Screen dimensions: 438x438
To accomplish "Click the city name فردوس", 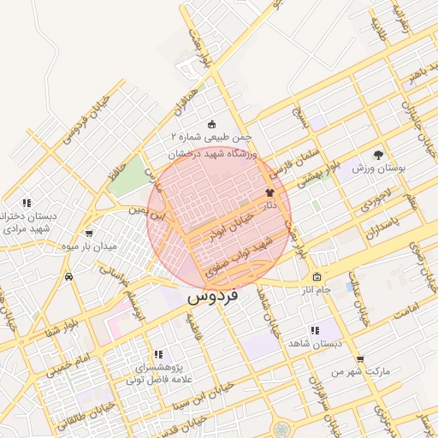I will click(x=213, y=298).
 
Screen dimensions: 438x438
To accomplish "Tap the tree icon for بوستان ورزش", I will click(x=378, y=154).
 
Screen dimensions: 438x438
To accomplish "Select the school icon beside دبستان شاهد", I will click(x=315, y=330).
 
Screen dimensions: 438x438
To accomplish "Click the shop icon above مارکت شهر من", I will click(x=360, y=359).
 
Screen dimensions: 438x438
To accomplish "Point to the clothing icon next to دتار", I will click(x=271, y=192).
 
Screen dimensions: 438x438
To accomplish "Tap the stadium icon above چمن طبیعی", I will click(x=213, y=124).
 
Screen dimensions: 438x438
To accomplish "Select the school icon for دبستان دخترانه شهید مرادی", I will click(x=27, y=203).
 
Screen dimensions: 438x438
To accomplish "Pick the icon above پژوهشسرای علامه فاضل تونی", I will click(x=157, y=354).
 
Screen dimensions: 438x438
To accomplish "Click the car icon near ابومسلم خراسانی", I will click(x=68, y=277).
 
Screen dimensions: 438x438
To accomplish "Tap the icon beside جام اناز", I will click(x=317, y=277).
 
